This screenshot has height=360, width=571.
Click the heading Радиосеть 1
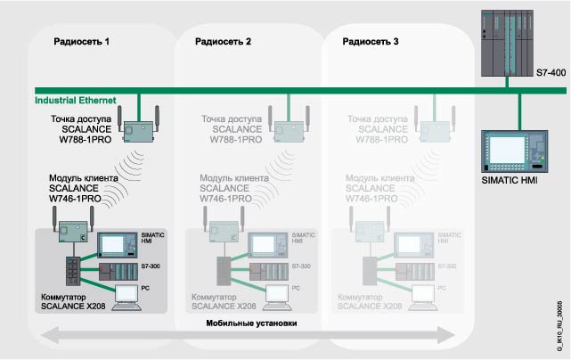pyautogui.click(x=82, y=42)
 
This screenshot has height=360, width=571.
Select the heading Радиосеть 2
pyautogui.click(x=224, y=42)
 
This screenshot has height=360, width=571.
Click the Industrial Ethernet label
pyautogui.click(x=72, y=99)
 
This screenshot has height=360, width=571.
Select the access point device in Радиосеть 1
pyautogui.click(x=139, y=130)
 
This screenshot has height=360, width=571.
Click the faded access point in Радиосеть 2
pyautogui.click(x=288, y=130)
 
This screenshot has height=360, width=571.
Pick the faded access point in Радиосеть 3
pyautogui.click(x=435, y=130)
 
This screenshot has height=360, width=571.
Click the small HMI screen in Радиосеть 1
pyautogui.click(x=117, y=244)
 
